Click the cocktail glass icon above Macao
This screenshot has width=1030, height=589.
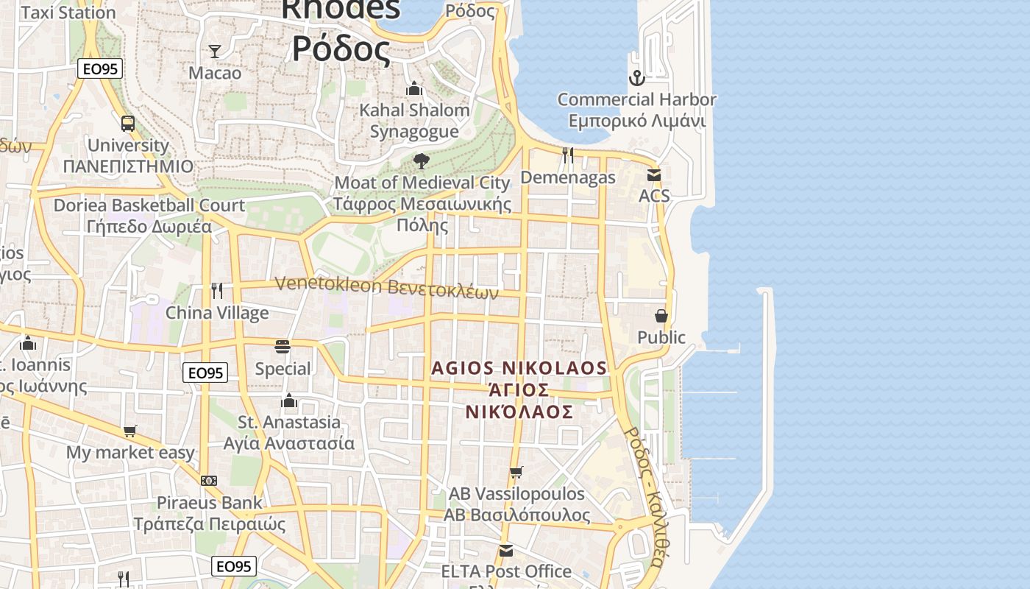pos(215,51)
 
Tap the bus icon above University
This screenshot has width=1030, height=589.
pos(128,123)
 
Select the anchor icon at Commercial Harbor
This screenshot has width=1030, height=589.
pos(636,77)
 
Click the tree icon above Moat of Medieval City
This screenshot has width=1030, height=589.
pos(422,161)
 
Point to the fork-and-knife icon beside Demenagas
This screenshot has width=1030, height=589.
pos(568,155)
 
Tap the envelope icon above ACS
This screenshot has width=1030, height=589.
pos(654,174)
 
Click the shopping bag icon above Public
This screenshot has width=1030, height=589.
pos(661,316)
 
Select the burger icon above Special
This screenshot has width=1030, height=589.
pos(283,346)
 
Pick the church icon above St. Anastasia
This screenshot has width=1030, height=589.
pos(289,401)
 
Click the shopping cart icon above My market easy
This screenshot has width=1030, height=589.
pos(130,431)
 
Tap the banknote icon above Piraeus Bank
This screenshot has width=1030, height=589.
pos(209,481)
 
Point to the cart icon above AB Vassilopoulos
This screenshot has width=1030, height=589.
pos(516,472)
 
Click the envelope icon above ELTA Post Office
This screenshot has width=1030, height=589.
pos(506,550)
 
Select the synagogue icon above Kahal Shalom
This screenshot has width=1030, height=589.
pos(414,88)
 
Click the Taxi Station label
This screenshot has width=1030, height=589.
pos(68,13)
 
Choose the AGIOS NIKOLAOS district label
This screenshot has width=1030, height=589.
pos(519,368)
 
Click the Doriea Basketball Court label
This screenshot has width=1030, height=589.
pos(149,205)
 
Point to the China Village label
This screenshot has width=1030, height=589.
pos(217,313)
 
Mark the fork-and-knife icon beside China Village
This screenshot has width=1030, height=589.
pos(216,291)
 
